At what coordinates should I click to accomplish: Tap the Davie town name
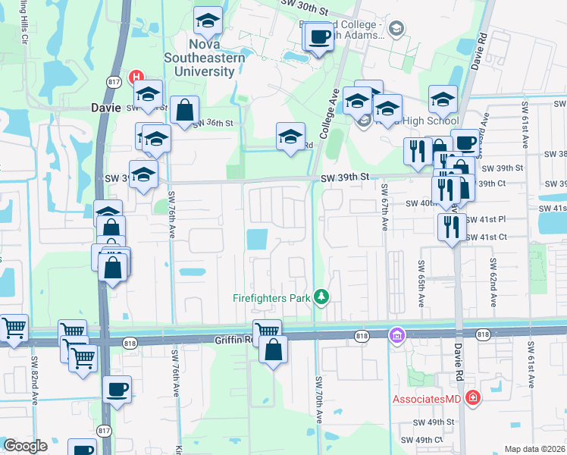click(106, 108)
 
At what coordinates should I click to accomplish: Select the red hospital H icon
click(136, 77)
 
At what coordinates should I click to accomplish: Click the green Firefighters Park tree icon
click(321, 297)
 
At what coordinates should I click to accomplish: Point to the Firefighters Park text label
click(271, 298)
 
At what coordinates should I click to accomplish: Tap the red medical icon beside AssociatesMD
click(473, 397)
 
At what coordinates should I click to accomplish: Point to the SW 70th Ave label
click(318, 417)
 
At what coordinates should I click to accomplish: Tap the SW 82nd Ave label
click(35, 380)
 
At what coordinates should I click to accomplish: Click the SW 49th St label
click(433, 422)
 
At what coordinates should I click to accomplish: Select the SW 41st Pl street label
click(486, 219)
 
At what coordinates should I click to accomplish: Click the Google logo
click(26, 446)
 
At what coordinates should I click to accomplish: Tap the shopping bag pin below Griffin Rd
click(274, 350)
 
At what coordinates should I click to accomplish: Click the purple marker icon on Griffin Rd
click(396, 335)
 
